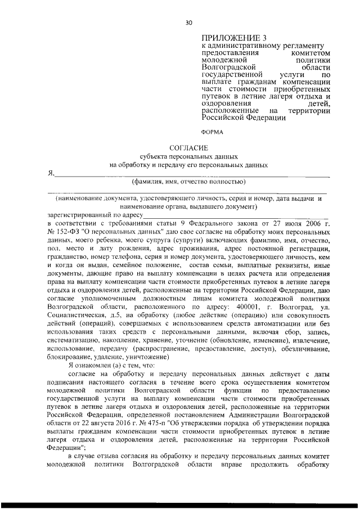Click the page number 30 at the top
[x=188, y=22]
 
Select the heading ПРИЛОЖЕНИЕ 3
[x=226, y=37]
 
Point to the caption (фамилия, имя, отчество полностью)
[x=188, y=182]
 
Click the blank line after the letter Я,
[x=191, y=175]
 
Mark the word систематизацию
[x=76, y=341]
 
